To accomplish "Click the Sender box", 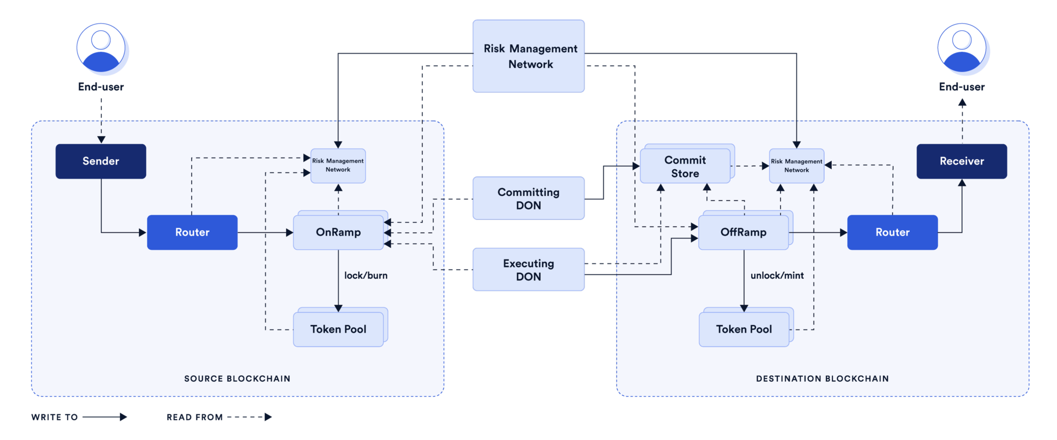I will pos(100,161).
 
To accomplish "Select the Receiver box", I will pos(961,161).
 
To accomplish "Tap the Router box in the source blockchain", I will pos(192,232).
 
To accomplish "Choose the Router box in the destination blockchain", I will pos(892,232).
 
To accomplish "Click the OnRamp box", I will pos(338,232).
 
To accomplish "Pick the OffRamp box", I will pos(743,232).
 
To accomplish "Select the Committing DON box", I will pos(528,198).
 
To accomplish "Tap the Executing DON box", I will pos(528,270).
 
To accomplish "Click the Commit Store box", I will pos(685,167).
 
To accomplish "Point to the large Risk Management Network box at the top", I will pos(528,56).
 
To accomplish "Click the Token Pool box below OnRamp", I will pos(338,329).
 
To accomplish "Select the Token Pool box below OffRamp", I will pos(744,329).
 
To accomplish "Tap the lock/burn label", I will pos(366,276).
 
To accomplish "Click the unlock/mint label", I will pos(777,276).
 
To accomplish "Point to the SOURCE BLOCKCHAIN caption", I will pos(237,379).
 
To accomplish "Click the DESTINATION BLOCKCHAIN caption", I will pos(822,379).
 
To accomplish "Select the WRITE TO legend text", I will pos(54,417).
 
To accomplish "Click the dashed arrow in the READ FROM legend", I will pos(249,417).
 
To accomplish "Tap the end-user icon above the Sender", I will pos(101,48).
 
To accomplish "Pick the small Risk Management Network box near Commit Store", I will pos(796,166).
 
